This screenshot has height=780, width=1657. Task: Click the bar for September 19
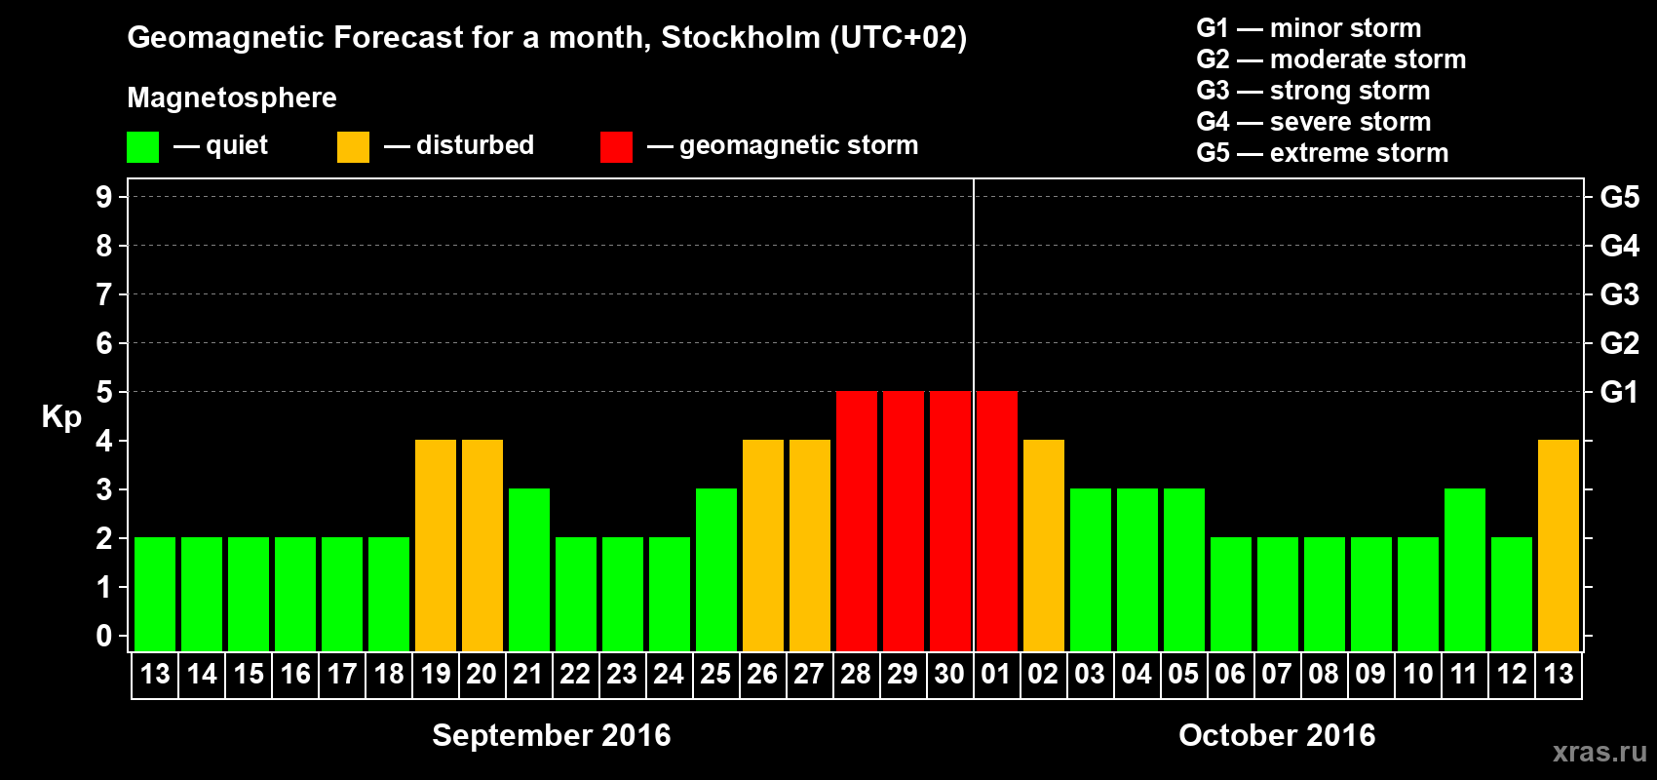point(436,545)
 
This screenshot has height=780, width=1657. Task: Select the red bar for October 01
point(996,521)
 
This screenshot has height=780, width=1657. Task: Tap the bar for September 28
point(857,521)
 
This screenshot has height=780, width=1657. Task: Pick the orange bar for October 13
point(1558,545)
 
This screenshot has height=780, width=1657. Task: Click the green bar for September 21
point(529,569)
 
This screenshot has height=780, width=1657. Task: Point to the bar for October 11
point(1464,569)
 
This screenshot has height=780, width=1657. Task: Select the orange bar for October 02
point(1043,545)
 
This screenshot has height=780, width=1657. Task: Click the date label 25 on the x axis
point(715,674)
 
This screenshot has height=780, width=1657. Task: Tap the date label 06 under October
point(1230,674)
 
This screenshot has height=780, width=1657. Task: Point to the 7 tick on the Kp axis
point(104,294)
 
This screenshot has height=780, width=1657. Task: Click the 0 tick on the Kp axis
point(104,636)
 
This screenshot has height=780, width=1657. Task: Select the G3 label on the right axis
point(1619,294)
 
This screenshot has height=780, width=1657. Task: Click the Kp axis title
point(61,416)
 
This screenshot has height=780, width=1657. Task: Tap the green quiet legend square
point(142,147)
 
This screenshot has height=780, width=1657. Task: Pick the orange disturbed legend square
point(353,147)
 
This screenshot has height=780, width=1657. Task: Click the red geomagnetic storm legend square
point(616,147)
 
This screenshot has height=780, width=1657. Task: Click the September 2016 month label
point(551,735)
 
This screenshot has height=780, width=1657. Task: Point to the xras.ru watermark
point(1599,752)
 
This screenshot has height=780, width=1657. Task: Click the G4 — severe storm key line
point(1313,122)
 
